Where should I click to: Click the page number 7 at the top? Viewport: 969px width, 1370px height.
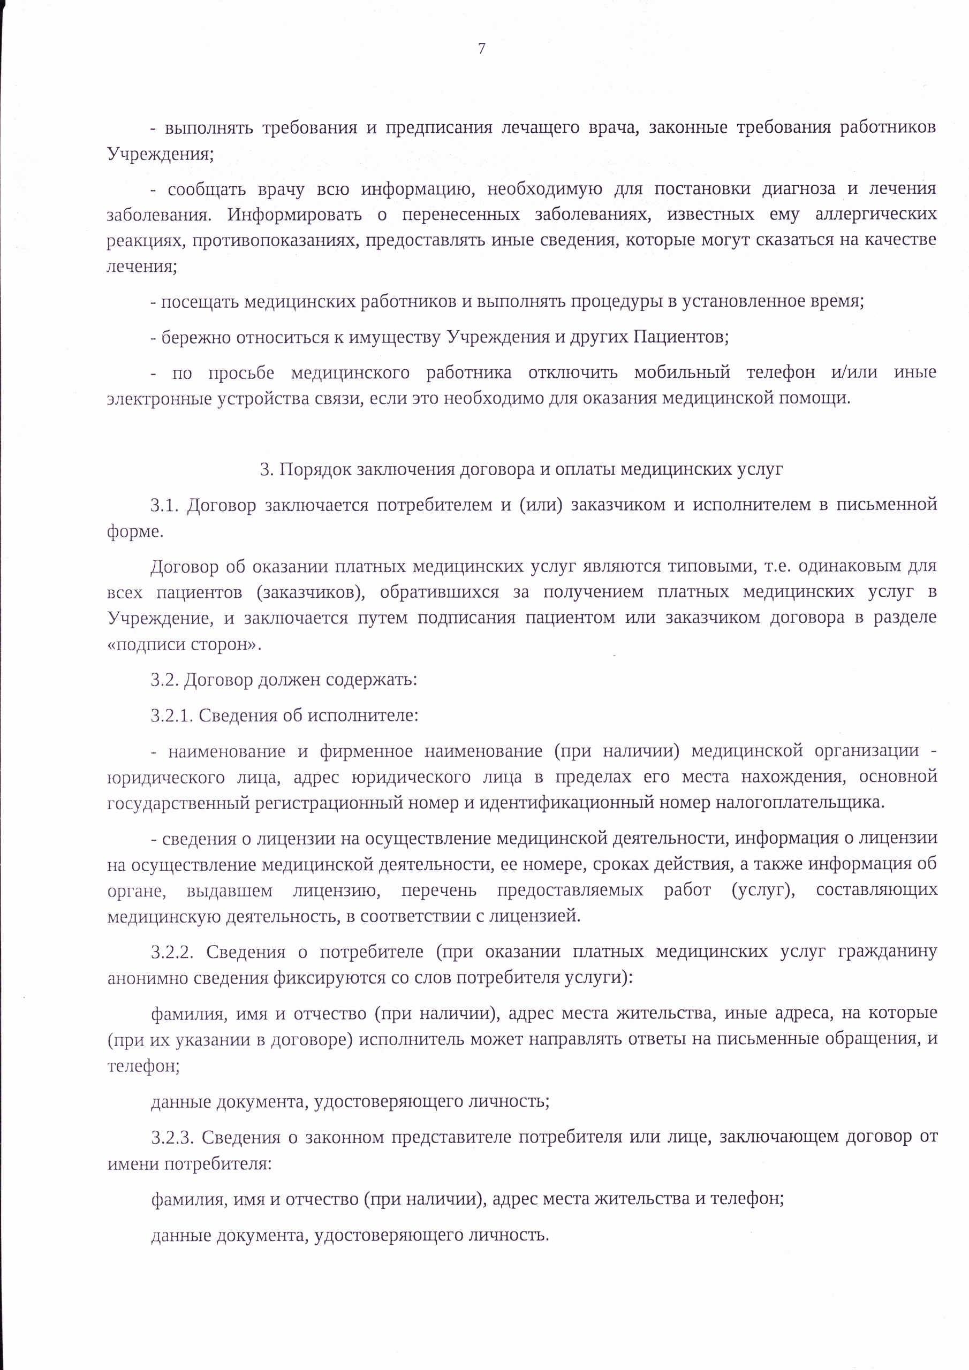pyautogui.click(x=482, y=48)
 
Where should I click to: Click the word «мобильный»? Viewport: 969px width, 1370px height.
pyautogui.click(x=682, y=372)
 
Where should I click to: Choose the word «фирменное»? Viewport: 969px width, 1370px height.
pyautogui.click(x=366, y=751)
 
